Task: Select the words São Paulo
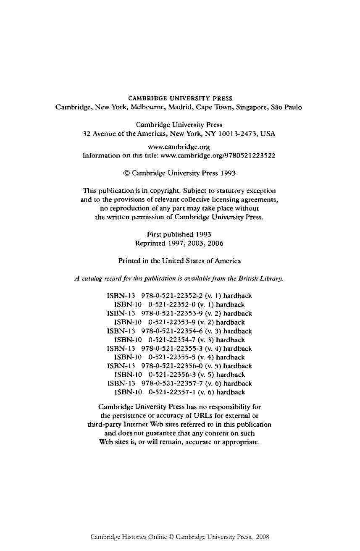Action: coord(287,107)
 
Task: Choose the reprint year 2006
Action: coord(215,243)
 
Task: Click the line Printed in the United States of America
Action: coord(179,261)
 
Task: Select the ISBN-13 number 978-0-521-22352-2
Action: coord(172,296)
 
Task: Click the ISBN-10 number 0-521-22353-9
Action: coord(172,322)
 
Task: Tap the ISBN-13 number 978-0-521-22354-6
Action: coord(172,331)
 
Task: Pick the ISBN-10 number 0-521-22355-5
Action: coord(172,357)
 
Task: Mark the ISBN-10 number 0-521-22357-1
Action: coord(172,392)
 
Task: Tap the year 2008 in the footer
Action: coord(262,537)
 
